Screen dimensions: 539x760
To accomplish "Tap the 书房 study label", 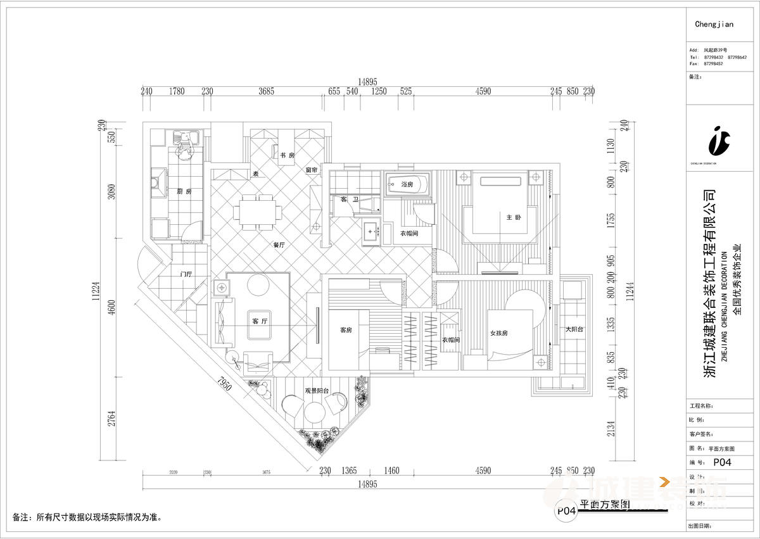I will (288, 155).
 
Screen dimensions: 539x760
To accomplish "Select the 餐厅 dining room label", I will (279, 244).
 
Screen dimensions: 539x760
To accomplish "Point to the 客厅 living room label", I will (260, 322).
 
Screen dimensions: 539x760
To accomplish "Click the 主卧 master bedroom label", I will (513, 218).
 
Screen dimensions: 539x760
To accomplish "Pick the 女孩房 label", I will (500, 333).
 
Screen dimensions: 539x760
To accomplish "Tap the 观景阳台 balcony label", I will (317, 391).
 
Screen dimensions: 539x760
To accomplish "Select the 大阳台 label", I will (574, 329).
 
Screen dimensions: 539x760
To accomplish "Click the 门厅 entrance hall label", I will (186, 274).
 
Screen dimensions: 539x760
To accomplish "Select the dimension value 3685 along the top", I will (266, 91).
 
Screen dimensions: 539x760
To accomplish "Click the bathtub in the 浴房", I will (407, 184).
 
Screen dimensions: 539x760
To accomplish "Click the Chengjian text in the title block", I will (714, 25).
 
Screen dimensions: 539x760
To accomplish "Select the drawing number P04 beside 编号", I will (722, 462).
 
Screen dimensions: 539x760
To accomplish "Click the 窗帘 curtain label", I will (311, 170).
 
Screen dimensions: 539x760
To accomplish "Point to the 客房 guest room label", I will (346, 330).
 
